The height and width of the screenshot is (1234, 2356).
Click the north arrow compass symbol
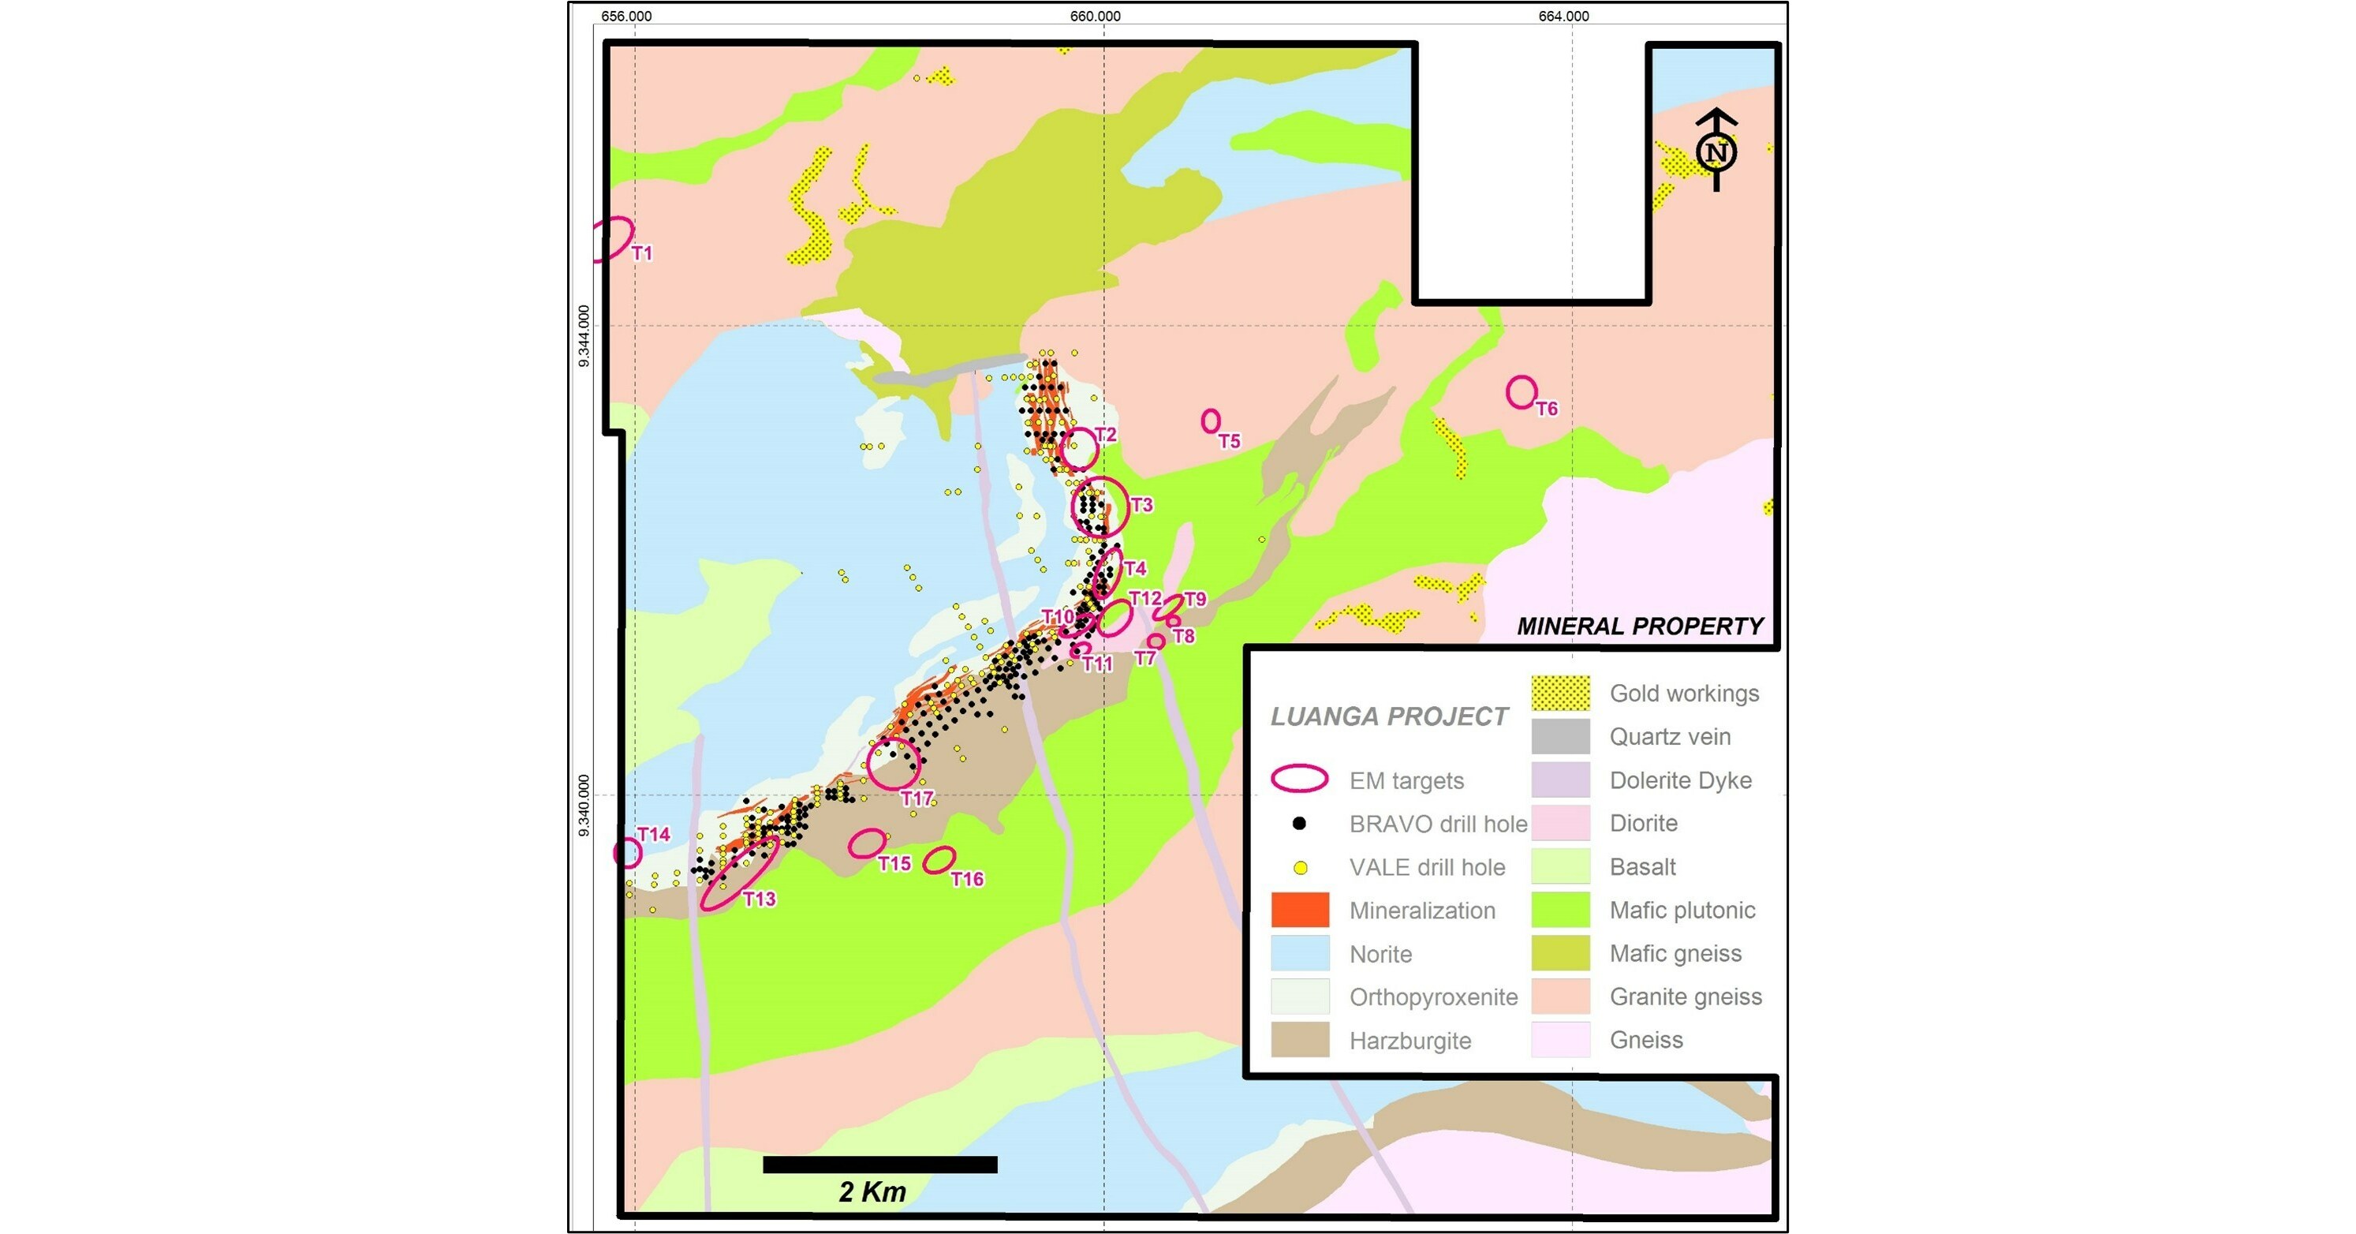(1716, 151)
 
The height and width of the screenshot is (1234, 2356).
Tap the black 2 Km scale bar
(879, 1165)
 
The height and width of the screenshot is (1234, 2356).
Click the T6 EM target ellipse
(1521, 392)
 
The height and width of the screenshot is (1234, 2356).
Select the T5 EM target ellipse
(1210, 421)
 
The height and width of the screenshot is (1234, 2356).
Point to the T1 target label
(642, 253)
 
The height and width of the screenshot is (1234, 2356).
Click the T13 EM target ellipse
(739, 873)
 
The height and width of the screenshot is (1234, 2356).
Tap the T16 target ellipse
(939, 860)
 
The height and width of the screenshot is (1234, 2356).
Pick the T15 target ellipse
(866, 843)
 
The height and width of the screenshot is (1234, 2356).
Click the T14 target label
(653, 834)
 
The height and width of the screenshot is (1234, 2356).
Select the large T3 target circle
(1100, 506)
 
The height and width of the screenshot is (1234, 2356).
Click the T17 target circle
(893, 764)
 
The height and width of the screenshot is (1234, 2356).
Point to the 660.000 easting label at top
(1095, 16)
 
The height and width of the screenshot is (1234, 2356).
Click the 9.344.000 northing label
(584, 337)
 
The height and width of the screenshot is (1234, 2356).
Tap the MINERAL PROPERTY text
(1639, 626)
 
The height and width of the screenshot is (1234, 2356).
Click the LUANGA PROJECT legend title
(1388, 716)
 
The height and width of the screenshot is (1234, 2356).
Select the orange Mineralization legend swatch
(1300, 911)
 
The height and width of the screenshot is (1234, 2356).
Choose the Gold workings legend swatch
(1560, 694)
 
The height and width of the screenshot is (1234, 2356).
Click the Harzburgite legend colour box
(1300, 1040)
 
